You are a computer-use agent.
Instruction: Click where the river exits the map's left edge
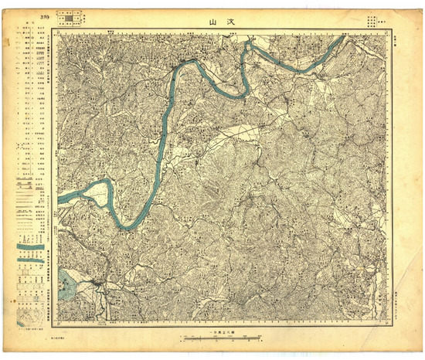coord(59,199)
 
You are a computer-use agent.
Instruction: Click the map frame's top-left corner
coord(58,32)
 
